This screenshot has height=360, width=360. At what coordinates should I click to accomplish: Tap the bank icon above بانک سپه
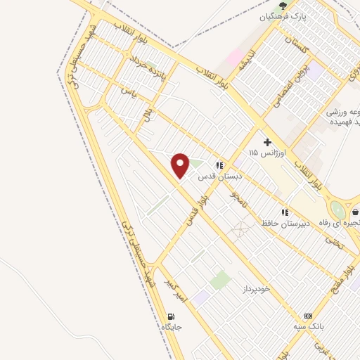tap(307, 316)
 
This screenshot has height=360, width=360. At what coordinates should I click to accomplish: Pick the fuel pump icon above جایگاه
tap(172, 316)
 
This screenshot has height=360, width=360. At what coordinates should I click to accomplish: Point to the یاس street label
tap(127, 91)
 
